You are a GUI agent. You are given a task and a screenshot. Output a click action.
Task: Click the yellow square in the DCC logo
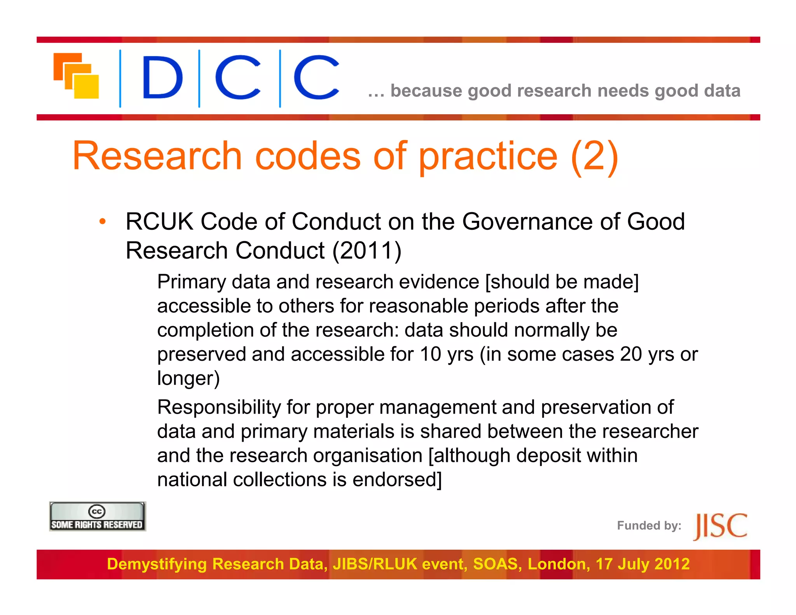(86, 86)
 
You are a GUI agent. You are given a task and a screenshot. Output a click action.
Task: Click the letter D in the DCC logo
(162, 77)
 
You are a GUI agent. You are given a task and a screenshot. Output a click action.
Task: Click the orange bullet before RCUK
(102, 222)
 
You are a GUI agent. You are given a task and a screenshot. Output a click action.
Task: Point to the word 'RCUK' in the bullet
(159, 222)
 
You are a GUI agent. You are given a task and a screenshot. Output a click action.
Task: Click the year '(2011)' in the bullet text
(367, 250)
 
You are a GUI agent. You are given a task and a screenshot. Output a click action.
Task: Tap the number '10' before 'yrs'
(430, 354)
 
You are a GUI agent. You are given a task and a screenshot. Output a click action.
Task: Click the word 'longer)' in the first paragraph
(189, 378)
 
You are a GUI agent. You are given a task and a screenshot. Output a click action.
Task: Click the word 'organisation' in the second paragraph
(368, 456)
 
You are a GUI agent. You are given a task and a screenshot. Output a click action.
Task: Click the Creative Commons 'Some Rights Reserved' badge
(97, 517)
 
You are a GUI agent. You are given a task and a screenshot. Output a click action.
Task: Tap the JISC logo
(720, 526)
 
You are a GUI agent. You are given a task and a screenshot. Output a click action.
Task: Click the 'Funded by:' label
(649, 526)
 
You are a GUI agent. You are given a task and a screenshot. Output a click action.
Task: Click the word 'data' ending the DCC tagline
(722, 91)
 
